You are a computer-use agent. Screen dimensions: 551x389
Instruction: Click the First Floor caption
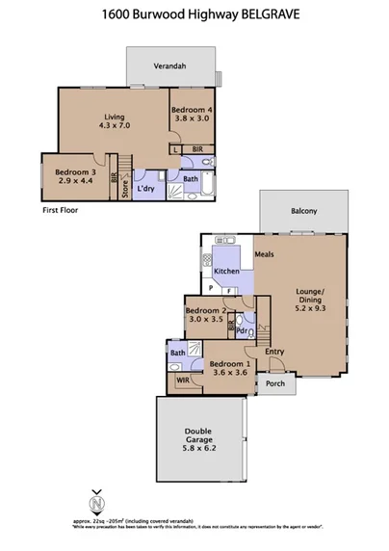[x=61, y=209]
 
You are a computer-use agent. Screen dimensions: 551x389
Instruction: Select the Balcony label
[x=305, y=211]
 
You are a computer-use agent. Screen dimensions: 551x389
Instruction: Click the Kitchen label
[x=227, y=272]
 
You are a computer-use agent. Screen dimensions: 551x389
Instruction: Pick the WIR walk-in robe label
[x=183, y=380]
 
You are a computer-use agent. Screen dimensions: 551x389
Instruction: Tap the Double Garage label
[x=200, y=441]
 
